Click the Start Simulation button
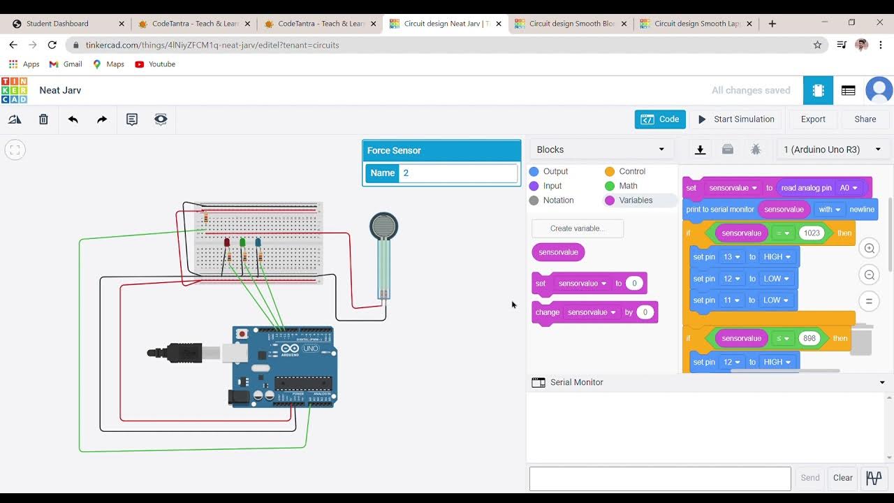[x=736, y=119]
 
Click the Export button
[x=813, y=119]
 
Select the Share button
[x=865, y=119]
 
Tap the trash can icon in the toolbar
[x=43, y=119]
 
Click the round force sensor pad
[x=383, y=226]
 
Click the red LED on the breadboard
[x=227, y=242]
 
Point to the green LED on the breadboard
[x=242, y=242]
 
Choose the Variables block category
[x=635, y=201]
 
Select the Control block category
[x=631, y=171]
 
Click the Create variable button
[x=577, y=228]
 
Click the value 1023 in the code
[x=812, y=233]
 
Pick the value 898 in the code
[x=809, y=338]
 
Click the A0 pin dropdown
[x=849, y=188]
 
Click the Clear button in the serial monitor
[x=842, y=478]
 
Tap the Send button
[x=810, y=478]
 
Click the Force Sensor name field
[x=457, y=173]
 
